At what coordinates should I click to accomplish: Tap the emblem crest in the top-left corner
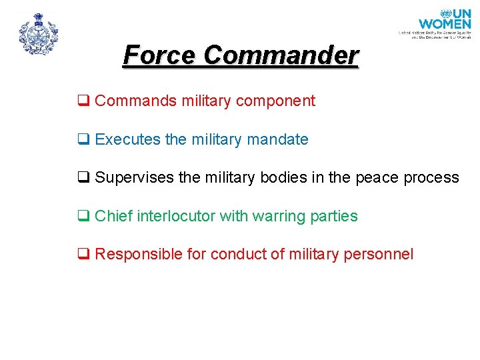(39, 34)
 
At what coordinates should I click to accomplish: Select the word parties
(334, 217)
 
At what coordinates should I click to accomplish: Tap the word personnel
(382, 255)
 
